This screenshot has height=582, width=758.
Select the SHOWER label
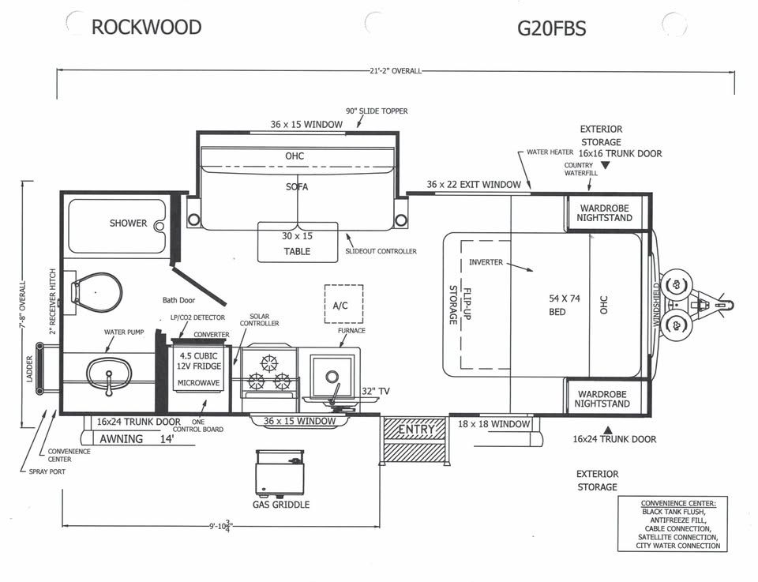tap(128, 223)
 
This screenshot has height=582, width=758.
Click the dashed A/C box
tap(343, 304)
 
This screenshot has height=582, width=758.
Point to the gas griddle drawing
tap(280, 474)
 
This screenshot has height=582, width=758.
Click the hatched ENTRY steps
tap(415, 439)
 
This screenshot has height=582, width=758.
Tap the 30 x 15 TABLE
tap(298, 242)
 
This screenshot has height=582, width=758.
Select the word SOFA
tap(297, 186)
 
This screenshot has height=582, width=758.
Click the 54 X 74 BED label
tap(564, 305)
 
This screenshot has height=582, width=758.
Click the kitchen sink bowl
tap(332, 376)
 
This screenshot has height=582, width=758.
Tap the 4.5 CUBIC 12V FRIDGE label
tap(199, 361)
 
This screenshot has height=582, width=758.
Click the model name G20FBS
tap(552, 28)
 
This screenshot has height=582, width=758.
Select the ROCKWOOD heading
tap(147, 27)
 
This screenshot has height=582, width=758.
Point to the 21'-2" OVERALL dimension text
tap(396, 71)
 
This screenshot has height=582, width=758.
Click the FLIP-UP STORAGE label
tap(460, 305)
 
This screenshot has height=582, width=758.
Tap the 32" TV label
tap(376, 391)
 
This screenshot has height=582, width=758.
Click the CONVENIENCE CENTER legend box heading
tap(678, 503)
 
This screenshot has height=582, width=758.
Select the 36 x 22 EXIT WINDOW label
tap(474, 184)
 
